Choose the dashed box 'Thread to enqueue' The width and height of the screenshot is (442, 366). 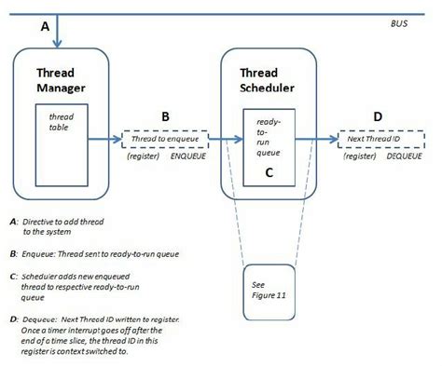(x=165, y=140)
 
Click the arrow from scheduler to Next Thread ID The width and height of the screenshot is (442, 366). (x=317, y=140)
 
